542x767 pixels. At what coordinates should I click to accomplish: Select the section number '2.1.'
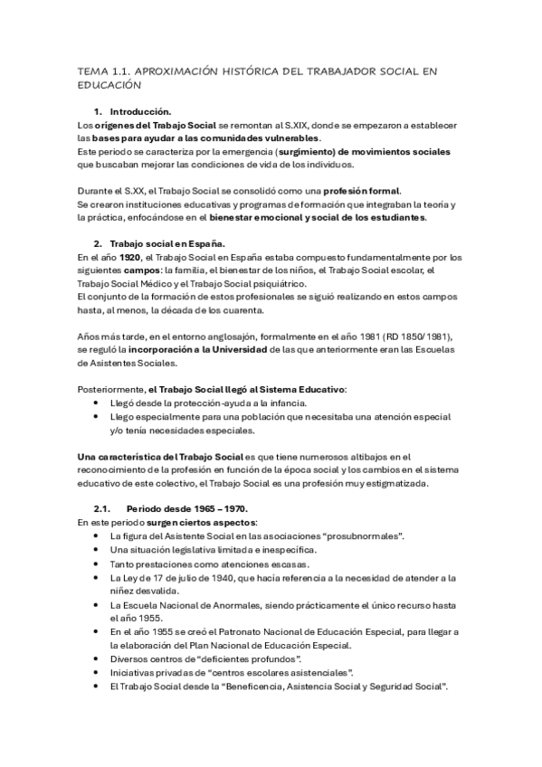pyautogui.click(x=101, y=508)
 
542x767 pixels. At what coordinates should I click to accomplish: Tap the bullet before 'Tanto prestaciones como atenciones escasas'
pyautogui.click(x=97, y=563)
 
